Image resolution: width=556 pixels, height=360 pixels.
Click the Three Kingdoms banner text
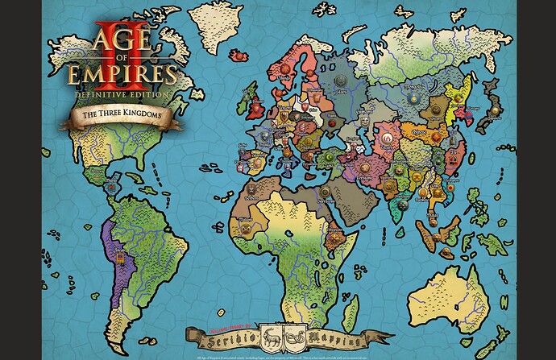pos(118,116)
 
